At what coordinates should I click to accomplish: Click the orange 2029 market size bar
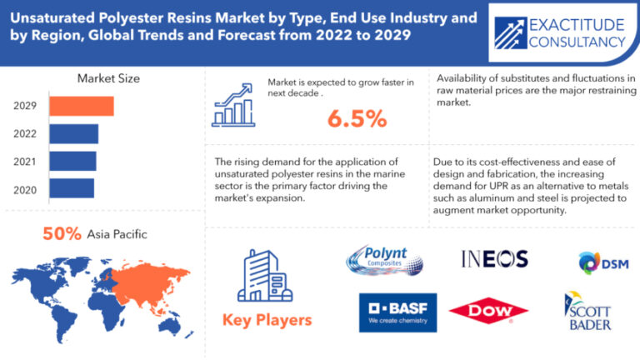pos(82,106)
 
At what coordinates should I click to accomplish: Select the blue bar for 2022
pos(74,134)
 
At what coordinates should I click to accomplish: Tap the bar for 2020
pos(72,188)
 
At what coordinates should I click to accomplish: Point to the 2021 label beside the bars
pos(25,162)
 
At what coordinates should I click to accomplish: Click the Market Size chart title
pos(108,78)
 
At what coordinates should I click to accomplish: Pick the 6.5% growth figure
pos(357,119)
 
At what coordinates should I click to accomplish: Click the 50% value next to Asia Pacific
pos(62,234)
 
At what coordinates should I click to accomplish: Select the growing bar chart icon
pos(233,105)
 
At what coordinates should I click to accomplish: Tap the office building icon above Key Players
pos(265,276)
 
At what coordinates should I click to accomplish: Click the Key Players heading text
pos(267,320)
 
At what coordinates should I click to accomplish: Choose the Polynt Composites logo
pos(384,260)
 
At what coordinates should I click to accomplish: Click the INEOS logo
pos(495,259)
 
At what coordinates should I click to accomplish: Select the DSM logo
pos(603,262)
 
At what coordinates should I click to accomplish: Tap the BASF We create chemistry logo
pos(398,312)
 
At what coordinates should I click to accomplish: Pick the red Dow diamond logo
pos(488,311)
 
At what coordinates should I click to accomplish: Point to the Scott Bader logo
pos(588,311)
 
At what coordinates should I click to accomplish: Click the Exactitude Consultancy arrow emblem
pos(510,33)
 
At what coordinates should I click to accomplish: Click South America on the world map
pos(65,323)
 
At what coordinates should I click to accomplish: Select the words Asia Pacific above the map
pos(117,234)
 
